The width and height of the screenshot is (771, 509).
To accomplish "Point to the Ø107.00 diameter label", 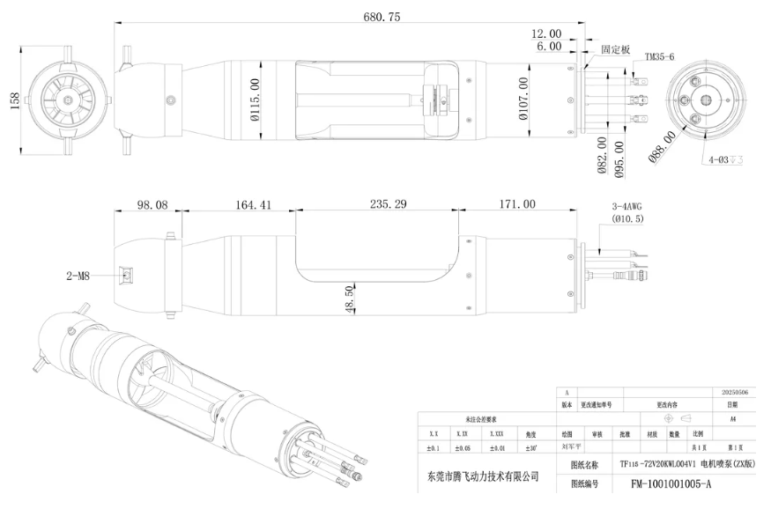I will (x=523, y=99).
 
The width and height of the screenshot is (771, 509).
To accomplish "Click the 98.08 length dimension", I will (x=152, y=204).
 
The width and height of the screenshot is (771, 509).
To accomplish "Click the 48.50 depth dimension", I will (x=350, y=299).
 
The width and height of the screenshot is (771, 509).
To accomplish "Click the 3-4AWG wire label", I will (x=626, y=207).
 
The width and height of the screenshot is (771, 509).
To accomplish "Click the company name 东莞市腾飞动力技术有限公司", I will (x=477, y=476).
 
